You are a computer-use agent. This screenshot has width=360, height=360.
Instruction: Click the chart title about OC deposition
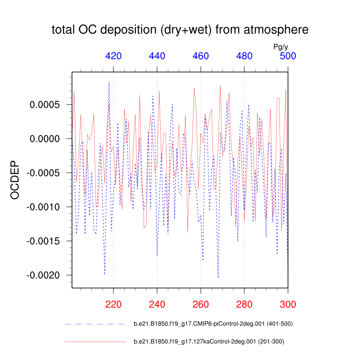click(x=180, y=30)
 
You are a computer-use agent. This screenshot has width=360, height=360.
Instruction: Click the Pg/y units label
click(x=281, y=46)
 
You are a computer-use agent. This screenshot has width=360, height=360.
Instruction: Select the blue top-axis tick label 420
click(x=113, y=56)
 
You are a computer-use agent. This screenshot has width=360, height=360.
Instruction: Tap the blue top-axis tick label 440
click(x=157, y=56)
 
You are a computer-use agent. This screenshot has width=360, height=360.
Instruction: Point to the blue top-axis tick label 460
click(x=201, y=56)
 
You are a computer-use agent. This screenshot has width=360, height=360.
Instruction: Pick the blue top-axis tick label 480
click(x=244, y=56)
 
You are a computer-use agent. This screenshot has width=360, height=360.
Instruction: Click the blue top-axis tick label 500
click(x=288, y=56)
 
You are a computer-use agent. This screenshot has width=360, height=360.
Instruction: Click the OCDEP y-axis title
click(x=16, y=180)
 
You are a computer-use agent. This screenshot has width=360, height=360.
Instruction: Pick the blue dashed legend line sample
click(x=94, y=324)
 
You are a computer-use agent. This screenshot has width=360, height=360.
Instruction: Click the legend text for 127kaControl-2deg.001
click(x=209, y=342)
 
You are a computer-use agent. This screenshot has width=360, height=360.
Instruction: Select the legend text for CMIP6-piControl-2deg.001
click(x=213, y=324)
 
